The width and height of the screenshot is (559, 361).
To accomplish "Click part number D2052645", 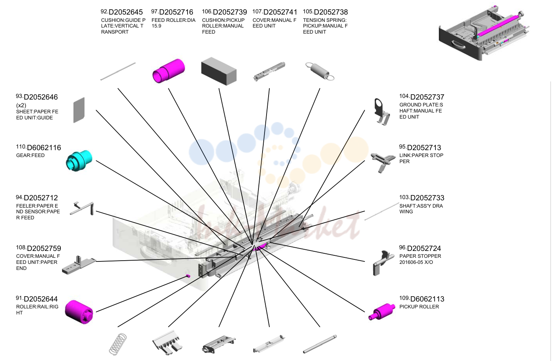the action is (126, 12).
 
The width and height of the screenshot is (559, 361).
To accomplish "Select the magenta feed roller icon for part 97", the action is (169, 70).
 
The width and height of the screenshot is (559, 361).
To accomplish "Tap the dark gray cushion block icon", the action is (219, 71).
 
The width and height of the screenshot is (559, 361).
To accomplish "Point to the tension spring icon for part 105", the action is (320, 71).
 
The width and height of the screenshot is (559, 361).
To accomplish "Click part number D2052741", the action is (280, 12).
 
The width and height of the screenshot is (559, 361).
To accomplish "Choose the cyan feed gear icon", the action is (79, 161).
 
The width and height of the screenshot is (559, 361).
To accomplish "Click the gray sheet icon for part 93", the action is (79, 110).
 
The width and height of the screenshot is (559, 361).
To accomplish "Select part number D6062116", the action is (44, 148).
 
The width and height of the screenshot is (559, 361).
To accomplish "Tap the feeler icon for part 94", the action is (82, 208).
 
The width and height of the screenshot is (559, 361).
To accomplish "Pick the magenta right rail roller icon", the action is (79, 312).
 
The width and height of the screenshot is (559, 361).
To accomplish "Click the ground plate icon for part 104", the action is (382, 112).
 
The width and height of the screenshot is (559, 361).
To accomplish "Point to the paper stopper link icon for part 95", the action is (383, 162).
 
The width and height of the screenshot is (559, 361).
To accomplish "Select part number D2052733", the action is (427, 198).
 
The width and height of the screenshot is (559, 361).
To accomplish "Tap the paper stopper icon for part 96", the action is (382, 263).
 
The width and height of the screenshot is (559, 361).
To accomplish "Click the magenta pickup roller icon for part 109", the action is (382, 312).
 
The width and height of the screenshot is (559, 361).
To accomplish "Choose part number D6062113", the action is (427, 299).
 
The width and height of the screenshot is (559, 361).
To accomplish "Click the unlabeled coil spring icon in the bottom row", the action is (118, 344).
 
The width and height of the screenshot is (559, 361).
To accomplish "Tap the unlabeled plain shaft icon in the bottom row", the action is (320, 344).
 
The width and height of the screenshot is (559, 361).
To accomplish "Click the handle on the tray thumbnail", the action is (458, 45).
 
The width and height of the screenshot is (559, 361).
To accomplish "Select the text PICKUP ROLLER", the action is (419, 307).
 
